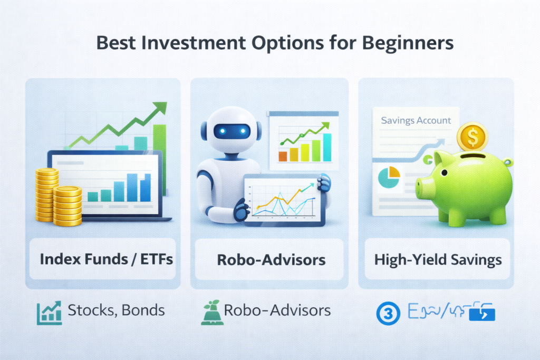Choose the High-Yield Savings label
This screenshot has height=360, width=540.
click(438, 259)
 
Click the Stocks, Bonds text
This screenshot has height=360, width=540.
click(116, 310)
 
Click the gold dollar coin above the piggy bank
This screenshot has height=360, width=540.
click(473, 138)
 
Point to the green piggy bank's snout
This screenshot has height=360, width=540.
click(423, 187)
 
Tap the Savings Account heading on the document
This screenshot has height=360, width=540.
click(416, 120)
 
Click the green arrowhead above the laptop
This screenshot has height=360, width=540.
click(160, 108)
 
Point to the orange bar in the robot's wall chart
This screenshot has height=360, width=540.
click(282, 155)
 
